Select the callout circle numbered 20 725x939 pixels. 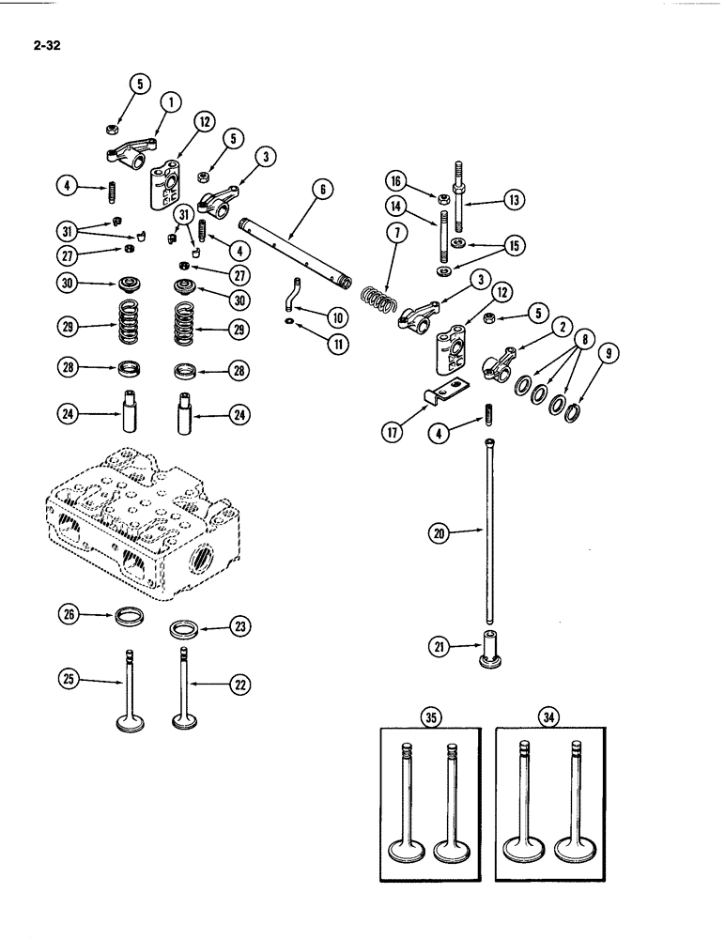tap(438, 533)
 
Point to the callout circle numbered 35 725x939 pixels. tap(430, 719)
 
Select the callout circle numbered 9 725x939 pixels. tap(611, 355)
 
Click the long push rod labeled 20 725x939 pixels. tap(490, 531)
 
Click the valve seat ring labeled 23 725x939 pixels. tap(184, 628)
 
